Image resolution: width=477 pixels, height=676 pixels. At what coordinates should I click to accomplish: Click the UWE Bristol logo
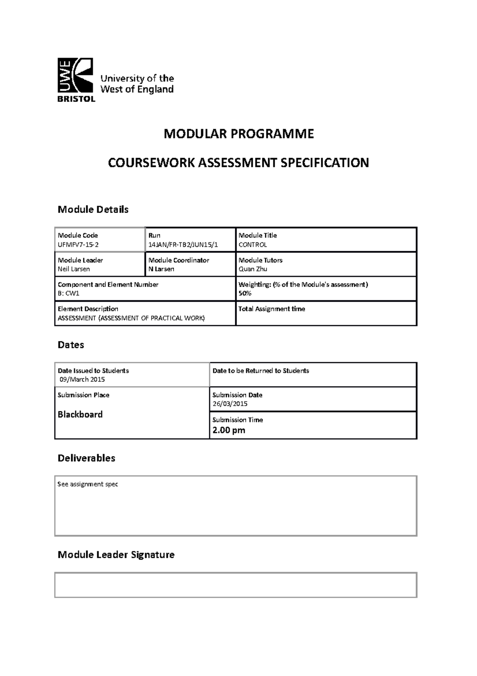click(x=76, y=80)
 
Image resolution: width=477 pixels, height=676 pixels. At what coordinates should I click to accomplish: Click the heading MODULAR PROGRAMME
click(x=238, y=134)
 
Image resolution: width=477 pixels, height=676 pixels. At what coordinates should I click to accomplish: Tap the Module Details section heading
click(x=93, y=209)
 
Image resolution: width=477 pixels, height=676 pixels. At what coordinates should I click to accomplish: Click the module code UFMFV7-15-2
click(x=78, y=245)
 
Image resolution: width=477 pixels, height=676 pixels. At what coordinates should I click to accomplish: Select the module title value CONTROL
click(x=252, y=245)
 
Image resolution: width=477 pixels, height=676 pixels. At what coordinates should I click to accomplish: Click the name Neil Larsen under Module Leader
click(x=74, y=269)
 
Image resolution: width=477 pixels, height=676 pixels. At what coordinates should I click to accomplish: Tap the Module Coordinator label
click(x=178, y=260)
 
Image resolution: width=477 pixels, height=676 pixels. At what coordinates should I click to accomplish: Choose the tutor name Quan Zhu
click(x=253, y=269)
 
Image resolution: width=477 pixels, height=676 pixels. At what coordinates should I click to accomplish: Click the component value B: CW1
click(x=69, y=293)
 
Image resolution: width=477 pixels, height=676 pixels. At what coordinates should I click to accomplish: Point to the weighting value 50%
click(x=245, y=293)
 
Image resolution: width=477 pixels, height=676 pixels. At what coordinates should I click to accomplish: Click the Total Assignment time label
click(x=271, y=309)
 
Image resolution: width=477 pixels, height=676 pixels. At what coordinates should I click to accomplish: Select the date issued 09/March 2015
click(x=82, y=379)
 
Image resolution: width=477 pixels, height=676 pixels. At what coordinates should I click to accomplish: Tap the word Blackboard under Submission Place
click(x=80, y=414)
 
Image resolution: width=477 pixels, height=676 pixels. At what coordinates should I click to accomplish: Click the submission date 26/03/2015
click(x=230, y=404)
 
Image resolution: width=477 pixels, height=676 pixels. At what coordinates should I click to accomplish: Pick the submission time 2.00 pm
click(x=229, y=430)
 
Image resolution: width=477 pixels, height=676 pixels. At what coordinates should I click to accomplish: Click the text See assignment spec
click(x=87, y=485)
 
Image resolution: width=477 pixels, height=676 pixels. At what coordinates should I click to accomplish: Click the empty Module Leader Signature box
click(x=235, y=585)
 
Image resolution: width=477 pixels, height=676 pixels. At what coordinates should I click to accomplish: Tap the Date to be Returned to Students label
click(x=261, y=371)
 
